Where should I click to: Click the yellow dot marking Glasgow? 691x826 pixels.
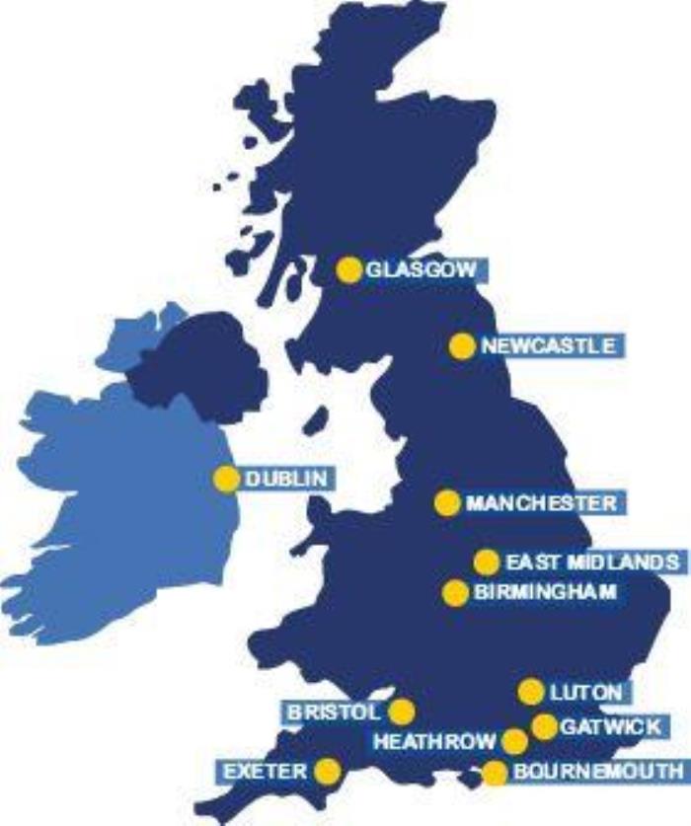point(348,269)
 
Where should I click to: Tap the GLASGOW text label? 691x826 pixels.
point(413,269)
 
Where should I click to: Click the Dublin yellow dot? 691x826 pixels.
point(226,479)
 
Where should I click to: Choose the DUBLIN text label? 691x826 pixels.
point(285,479)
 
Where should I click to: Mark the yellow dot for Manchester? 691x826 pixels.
point(447,502)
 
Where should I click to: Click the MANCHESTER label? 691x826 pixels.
point(540,503)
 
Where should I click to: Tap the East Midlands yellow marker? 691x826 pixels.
point(486,562)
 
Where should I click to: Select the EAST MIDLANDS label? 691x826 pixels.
point(590,562)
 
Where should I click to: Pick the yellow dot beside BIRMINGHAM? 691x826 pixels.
point(455,592)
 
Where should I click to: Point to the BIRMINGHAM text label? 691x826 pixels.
point(545,592)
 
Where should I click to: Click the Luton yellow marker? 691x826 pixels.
point(531,691)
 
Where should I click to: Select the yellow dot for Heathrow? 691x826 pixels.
point(515,741)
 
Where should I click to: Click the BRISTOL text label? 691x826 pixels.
point(333,712)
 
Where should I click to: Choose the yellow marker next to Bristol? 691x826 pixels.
point(401,711)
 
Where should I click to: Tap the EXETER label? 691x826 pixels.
point(265,771)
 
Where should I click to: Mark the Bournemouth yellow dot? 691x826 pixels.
point(496,773)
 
